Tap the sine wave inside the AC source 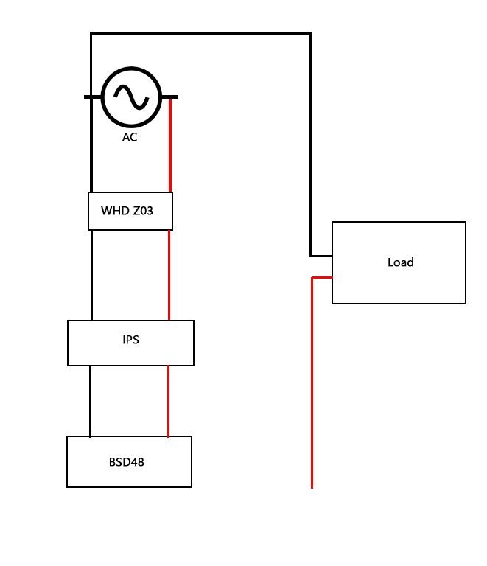(131, 97)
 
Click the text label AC (130, 137)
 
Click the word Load (400, 262)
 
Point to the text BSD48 (126, 462)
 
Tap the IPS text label (130, 340)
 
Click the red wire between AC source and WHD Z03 (170, 145)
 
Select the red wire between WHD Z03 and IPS (169, 275)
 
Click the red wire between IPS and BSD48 (168, 401)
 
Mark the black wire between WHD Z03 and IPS (91, 275)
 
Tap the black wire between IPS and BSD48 (90, 401)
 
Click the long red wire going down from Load (312, 382)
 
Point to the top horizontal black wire (201, 34)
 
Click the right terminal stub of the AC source (169, 97)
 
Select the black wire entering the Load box (321, 256)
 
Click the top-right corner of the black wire (311, 34)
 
